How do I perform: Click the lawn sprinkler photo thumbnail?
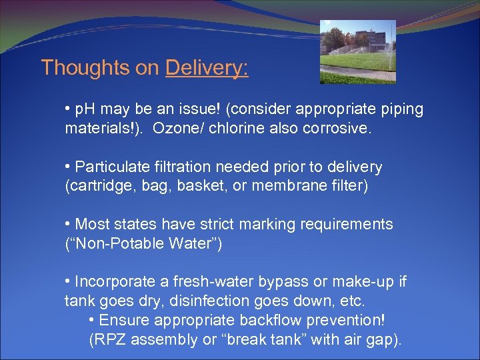click(357, 51)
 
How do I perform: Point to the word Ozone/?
click(177, 128)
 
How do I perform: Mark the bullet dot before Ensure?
click(91, 320)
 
